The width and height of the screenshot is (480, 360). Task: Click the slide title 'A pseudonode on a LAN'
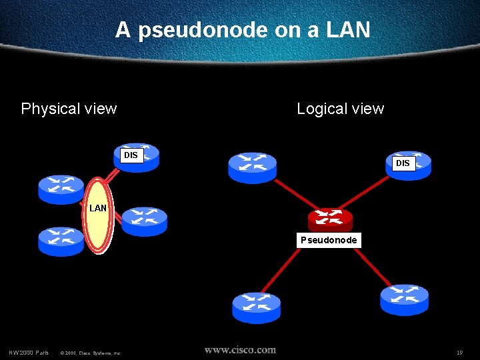pyautogui.click(x=243, y=30)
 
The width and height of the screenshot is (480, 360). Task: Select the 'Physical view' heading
pyautogui.click(x=69, y=109)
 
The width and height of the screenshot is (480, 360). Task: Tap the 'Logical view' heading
pyautogui.click(x=340, y=109)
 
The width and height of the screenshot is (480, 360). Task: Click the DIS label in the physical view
pyautogui.click(x=131, y=155)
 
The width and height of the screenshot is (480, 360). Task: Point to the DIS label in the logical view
pyautogui.click(x=403, y=163)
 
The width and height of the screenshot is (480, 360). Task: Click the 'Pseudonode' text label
pyautogui.click(x=329, y=240)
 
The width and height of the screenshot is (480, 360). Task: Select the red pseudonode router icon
pyautogui.click(x=330, y=219)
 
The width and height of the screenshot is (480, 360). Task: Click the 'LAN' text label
pyautogui.click(x=98, y=208)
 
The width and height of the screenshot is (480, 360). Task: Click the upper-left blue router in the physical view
pyautogui.click(x=61, y=188)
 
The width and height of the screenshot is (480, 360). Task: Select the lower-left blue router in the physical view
pyautogui.click(x=61, y=241)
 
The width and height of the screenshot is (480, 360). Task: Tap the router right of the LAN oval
pyautogui.click(x=145, y=220)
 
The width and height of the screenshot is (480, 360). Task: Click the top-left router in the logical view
pyautogui.click(x=252, y=167)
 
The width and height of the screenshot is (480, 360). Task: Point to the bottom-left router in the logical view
pyautogui.click(x=256, y=307)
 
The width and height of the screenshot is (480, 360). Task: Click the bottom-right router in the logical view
pyautogui.click(x=404, y=299)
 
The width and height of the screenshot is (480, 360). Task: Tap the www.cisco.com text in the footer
pyautogui.click(x=240, y=349)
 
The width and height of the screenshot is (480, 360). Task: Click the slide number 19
pyautogui.click(x=459, y=352)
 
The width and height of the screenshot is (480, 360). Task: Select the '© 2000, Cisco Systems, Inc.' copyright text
pyautogui.click(x=90, y=353)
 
